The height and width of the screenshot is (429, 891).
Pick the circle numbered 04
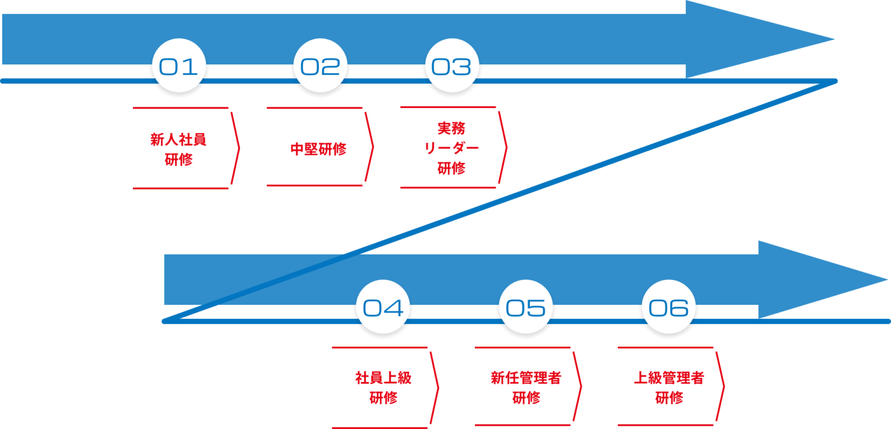383,307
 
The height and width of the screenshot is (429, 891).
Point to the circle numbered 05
526,307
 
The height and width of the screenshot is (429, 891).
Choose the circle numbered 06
669,307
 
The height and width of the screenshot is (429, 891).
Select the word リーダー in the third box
452,148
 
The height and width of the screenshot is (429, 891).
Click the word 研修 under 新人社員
179,159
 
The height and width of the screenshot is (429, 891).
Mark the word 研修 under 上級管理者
669,398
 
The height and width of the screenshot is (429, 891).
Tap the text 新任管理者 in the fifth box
526,379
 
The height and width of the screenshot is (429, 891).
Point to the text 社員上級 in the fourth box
383,379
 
